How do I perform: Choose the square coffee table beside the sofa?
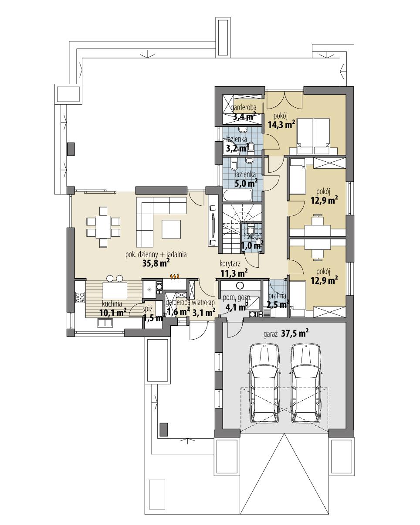tap(172, 229)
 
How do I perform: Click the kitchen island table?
tap(115, 290)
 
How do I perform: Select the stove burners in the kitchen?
tap(80, 297)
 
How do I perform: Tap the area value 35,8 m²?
tap(156, 263)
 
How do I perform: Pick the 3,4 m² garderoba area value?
tap(244, 116)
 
